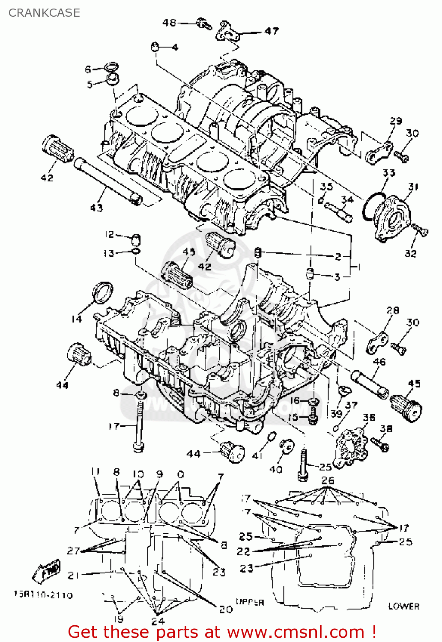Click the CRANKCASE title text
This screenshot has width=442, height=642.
(44, 13)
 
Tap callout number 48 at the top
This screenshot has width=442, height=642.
(169, 22)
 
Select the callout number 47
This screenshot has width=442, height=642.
(271, 31)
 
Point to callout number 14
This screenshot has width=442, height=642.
(76, 319)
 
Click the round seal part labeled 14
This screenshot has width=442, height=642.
(103, 292)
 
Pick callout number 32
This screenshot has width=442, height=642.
(410, 253)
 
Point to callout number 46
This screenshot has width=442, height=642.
(379, 362)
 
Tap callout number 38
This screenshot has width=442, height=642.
(386, 428)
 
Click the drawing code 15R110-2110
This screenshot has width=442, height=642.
(43, 595)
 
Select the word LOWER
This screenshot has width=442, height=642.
(403, 606)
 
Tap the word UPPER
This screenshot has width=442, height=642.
(250, 602)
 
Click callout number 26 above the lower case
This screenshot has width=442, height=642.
(327, 480)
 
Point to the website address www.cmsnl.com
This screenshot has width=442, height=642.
(295, 632)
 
